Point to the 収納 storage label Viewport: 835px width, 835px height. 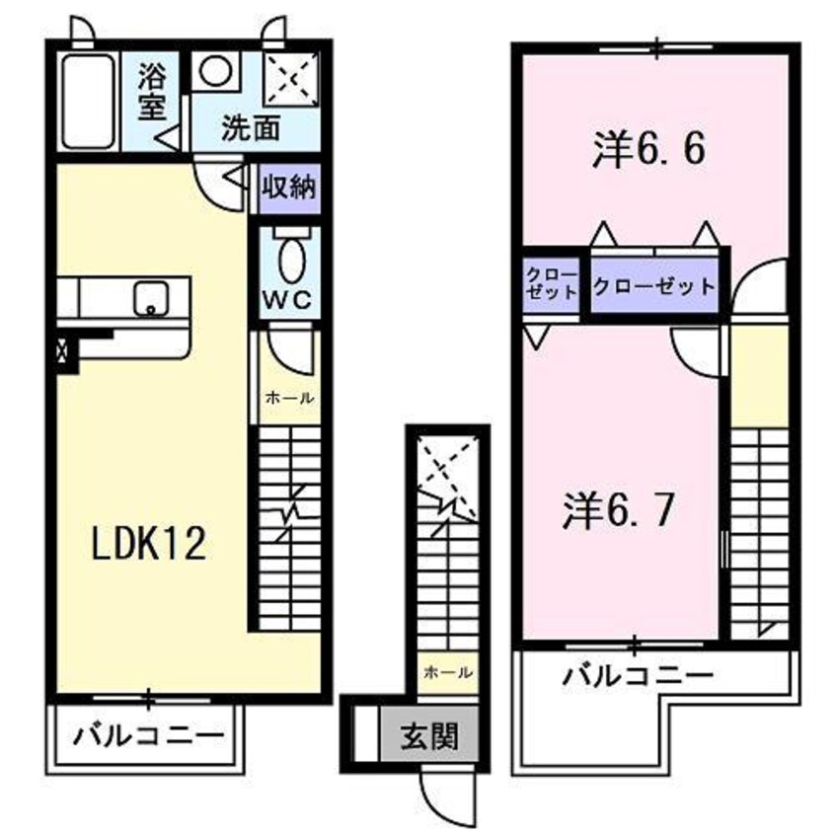(289, 188)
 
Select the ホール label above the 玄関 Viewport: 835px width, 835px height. (445, 672)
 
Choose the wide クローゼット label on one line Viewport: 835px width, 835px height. (653, 288)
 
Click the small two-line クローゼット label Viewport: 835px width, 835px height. (551, 283)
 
